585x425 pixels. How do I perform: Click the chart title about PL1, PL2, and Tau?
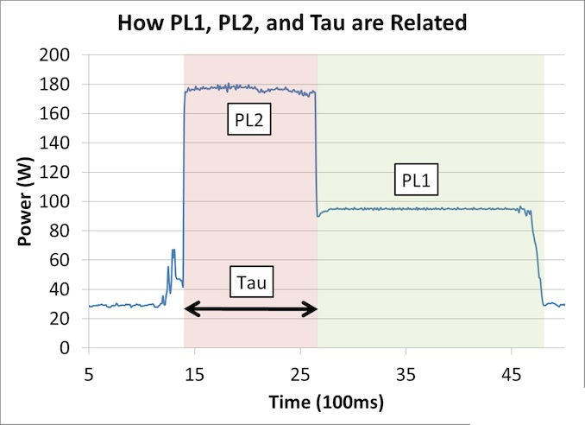(x=293, y=22)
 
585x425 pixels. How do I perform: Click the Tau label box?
(x=251, y=282)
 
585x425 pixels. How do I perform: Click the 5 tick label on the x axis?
(x=88, y=373)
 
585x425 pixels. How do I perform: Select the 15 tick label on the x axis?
(x=194, y=373)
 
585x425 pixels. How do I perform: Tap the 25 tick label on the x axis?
(x=299, y=373)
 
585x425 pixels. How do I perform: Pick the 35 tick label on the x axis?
(x=406, y=373)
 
